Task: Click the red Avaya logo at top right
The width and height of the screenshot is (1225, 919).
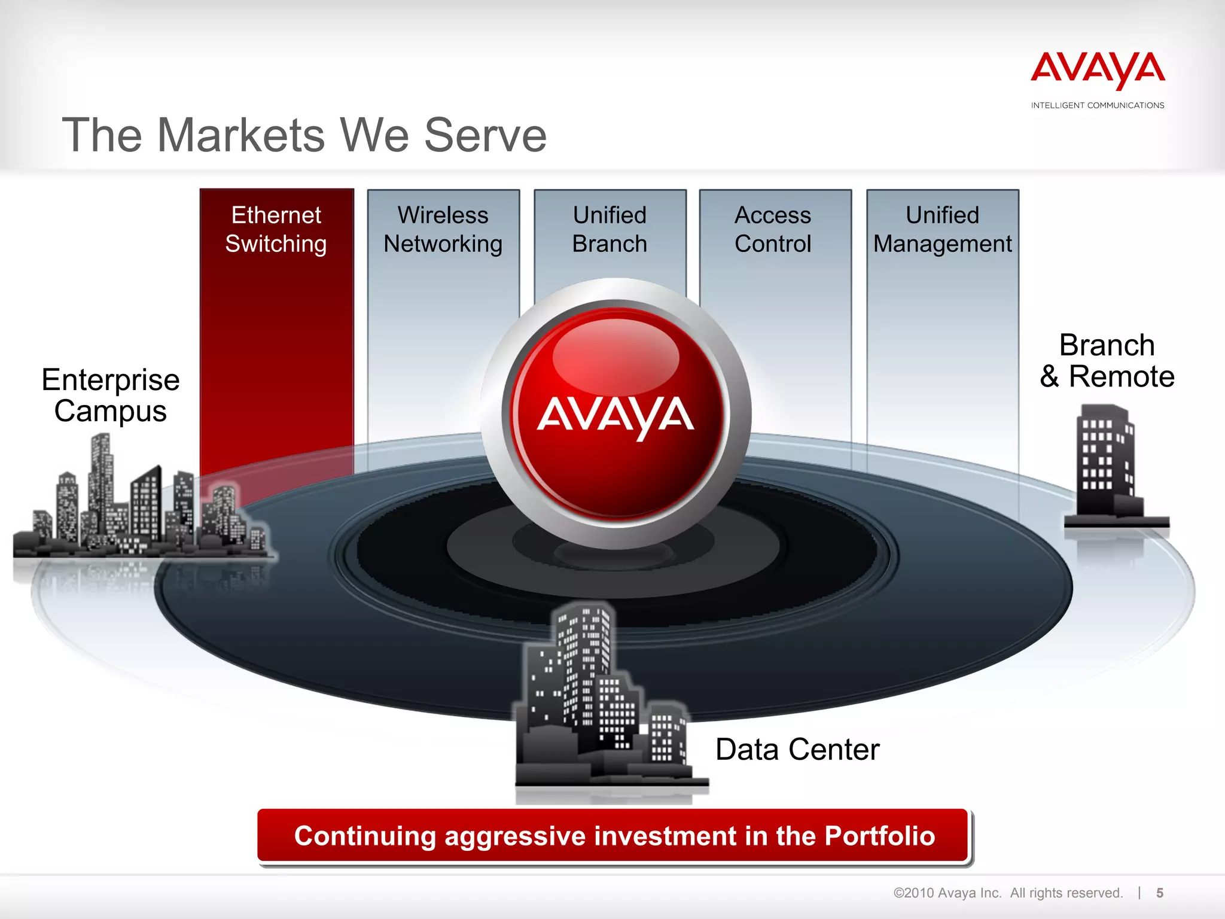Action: point(1098,69)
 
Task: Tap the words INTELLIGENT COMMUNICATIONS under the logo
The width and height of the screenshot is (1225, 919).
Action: point(1098,105)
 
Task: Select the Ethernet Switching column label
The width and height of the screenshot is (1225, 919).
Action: point(276,230)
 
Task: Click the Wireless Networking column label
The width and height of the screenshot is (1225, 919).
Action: point(443,230)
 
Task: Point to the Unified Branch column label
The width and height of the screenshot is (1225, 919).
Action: point(610,230)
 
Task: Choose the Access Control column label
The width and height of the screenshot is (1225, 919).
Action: point(773,230)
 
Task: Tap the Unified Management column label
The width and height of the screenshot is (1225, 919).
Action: point(942,230)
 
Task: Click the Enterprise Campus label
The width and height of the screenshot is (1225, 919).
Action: point(111,395)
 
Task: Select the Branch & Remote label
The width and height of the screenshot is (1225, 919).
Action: point(1107,361)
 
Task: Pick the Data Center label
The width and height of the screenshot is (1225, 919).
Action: point(797,750)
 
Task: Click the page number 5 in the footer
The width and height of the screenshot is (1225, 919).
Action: point(1160,893)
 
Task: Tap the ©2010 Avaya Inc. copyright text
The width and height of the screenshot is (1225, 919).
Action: point(947,893)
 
